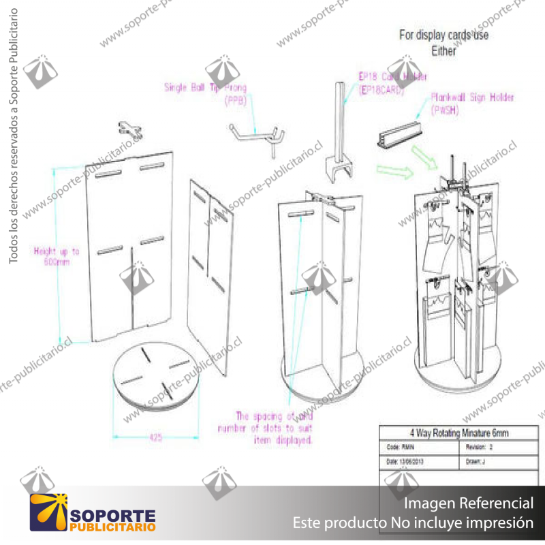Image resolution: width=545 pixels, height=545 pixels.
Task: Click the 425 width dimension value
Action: click(156, 438)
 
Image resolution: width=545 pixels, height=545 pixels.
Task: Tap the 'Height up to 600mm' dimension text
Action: click(57, 256)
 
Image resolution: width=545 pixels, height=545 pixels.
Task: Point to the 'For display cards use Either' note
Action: click(443, 42)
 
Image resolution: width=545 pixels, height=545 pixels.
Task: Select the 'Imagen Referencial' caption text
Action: click(469, 503)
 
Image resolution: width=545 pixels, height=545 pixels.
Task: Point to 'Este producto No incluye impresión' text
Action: click(413, 523)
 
